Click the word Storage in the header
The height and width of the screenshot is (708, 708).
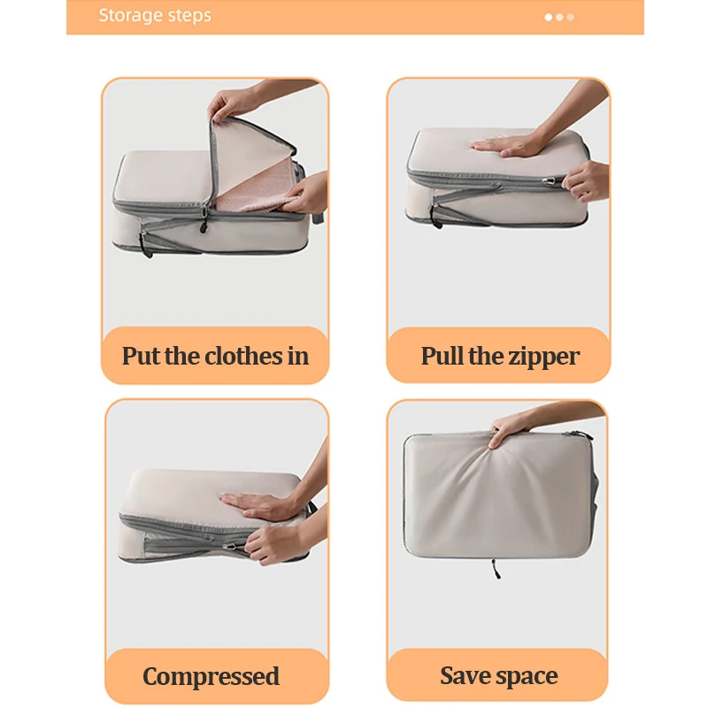(129, 16)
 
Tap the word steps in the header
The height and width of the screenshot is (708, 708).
(188, 16)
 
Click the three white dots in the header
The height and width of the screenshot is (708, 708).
(559, 17)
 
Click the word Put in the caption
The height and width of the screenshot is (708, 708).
(142, 357)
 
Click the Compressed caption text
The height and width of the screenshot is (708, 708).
(212, 677)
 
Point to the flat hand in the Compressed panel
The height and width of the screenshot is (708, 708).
(257, 506)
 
